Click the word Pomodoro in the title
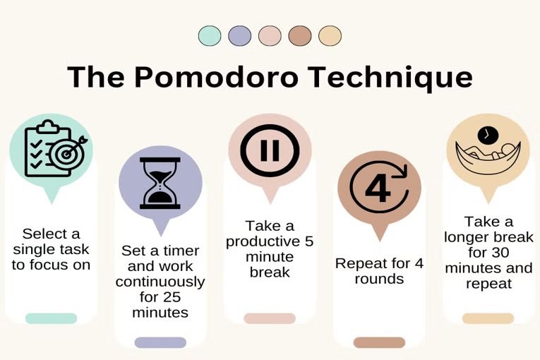tap(216, 77)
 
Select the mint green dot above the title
tap(210, 36)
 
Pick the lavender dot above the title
tap(240, 36)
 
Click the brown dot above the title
tap(300, 36)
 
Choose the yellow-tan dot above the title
tap(330, 36)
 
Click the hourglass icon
tap(160, 184)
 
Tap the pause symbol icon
tap(270, 150)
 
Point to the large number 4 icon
tap(378, 188)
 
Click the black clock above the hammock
tap(488, 136)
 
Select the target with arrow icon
tap(68, 153)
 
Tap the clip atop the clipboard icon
tap(49, 126)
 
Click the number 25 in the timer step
tap(172, 297)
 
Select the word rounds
tap(379, 279)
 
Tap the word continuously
tap(160, 282)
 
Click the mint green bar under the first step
tap(51, 318)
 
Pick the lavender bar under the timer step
tap(160, 342)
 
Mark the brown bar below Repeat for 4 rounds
tap(379, 342)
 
